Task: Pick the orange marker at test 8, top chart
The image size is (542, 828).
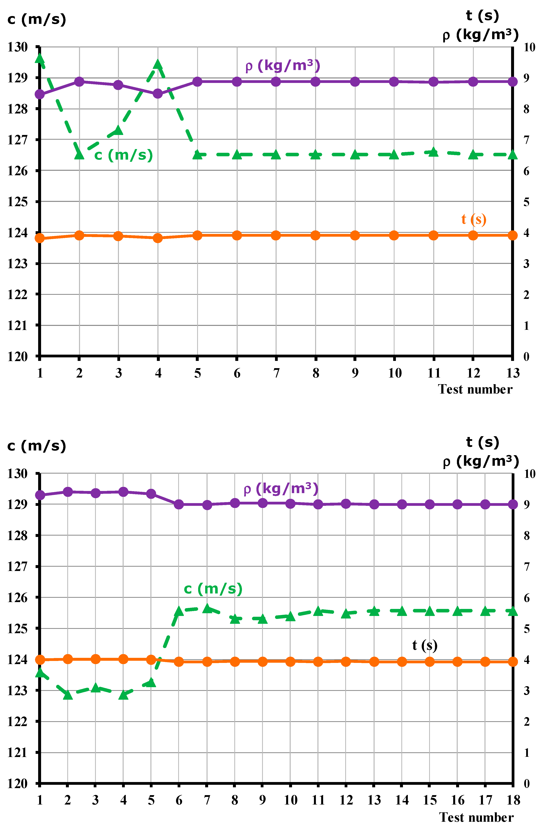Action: [x=315, y=236]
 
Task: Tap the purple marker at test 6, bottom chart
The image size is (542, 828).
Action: [x=179, y=504]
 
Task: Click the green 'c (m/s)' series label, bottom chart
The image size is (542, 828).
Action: [x=213, y=589]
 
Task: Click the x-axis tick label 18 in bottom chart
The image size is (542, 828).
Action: [x=513, y=800]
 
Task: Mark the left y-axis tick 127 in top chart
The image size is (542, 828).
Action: [x=17, y=140]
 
